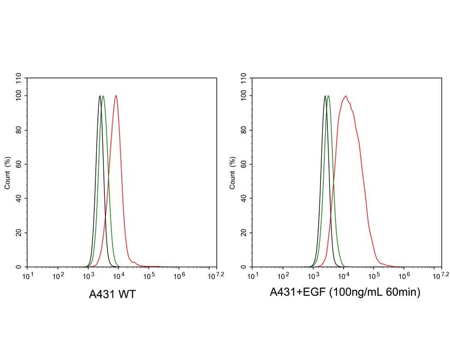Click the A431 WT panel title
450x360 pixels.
pos(112,294)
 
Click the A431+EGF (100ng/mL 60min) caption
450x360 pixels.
pos(345,292)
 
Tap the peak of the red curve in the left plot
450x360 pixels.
pos(116,96)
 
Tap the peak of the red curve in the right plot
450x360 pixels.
pos(345,96)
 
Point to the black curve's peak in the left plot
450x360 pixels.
pos(100,96)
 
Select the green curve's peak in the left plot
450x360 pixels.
pos(103,96)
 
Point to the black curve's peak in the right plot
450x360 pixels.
pos(325,96)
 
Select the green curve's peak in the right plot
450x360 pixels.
pos(328,96)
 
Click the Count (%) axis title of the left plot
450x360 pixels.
pos(8,172)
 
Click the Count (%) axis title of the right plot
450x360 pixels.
pos(233,172)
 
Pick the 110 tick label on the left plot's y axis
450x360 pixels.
pos(19,78)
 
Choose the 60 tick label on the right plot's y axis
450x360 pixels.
pos(244,164)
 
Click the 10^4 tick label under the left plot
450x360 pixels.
pos(119,276)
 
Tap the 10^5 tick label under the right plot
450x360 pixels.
pos(374,276)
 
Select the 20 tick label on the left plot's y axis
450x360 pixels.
pos(19,232)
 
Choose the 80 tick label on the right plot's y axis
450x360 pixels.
pos(244,130)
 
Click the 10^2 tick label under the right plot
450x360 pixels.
pos(283,276)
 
